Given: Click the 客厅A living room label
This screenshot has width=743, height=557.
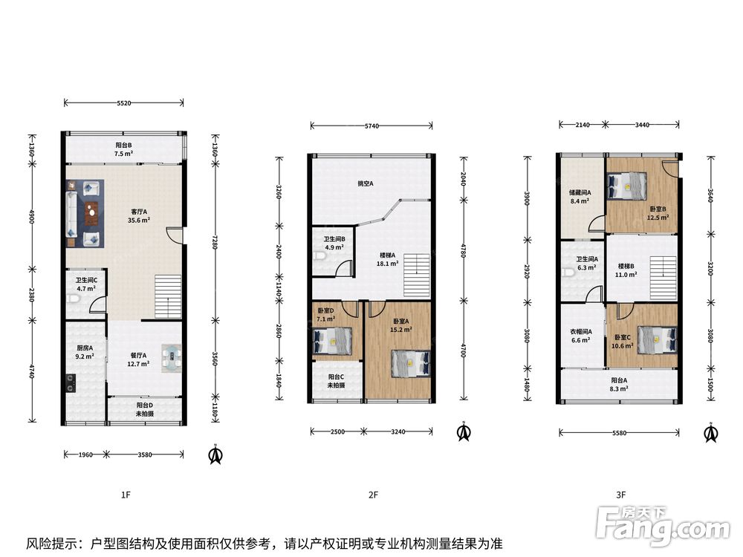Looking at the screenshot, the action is coord(139,212).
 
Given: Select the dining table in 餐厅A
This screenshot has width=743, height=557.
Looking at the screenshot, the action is coord(171,358).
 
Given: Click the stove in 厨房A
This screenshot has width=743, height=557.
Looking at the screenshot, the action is coord(71,382).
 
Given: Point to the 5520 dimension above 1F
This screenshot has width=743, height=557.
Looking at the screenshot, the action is coord(123,102).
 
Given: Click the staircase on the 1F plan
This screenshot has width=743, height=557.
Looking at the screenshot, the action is coord(168,297).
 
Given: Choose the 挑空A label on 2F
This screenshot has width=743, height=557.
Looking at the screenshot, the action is coord(366,183).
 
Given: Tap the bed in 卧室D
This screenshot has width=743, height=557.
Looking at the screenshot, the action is coord(333,342).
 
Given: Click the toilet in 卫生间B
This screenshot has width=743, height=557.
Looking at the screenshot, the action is coord(319,256).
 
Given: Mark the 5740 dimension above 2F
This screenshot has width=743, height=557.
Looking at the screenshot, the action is coord(371,126).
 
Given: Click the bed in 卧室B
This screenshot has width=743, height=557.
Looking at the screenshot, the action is coord(627,186).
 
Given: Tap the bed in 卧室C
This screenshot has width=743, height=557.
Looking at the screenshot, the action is coord(658,339).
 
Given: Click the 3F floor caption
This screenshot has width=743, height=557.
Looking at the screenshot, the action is coord(620,495).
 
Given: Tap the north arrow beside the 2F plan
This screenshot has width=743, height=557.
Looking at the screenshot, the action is coord(464,431).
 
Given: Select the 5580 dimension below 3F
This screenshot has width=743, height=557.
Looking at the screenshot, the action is coord(619,433).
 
